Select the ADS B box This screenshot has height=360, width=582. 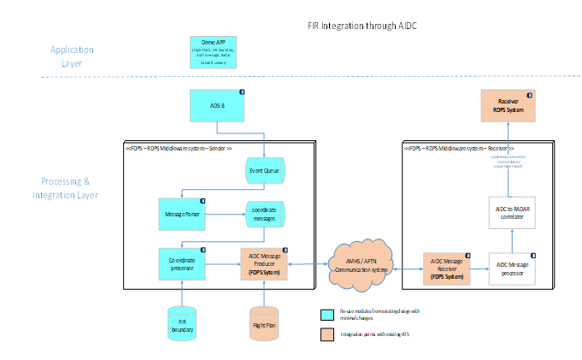217,105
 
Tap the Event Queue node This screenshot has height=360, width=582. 264,169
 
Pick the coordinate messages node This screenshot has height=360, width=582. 264,213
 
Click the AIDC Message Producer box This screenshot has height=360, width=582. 264,263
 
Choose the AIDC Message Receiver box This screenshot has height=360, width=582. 447,267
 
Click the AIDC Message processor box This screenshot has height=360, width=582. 514,267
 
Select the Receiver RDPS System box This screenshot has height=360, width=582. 508,105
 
